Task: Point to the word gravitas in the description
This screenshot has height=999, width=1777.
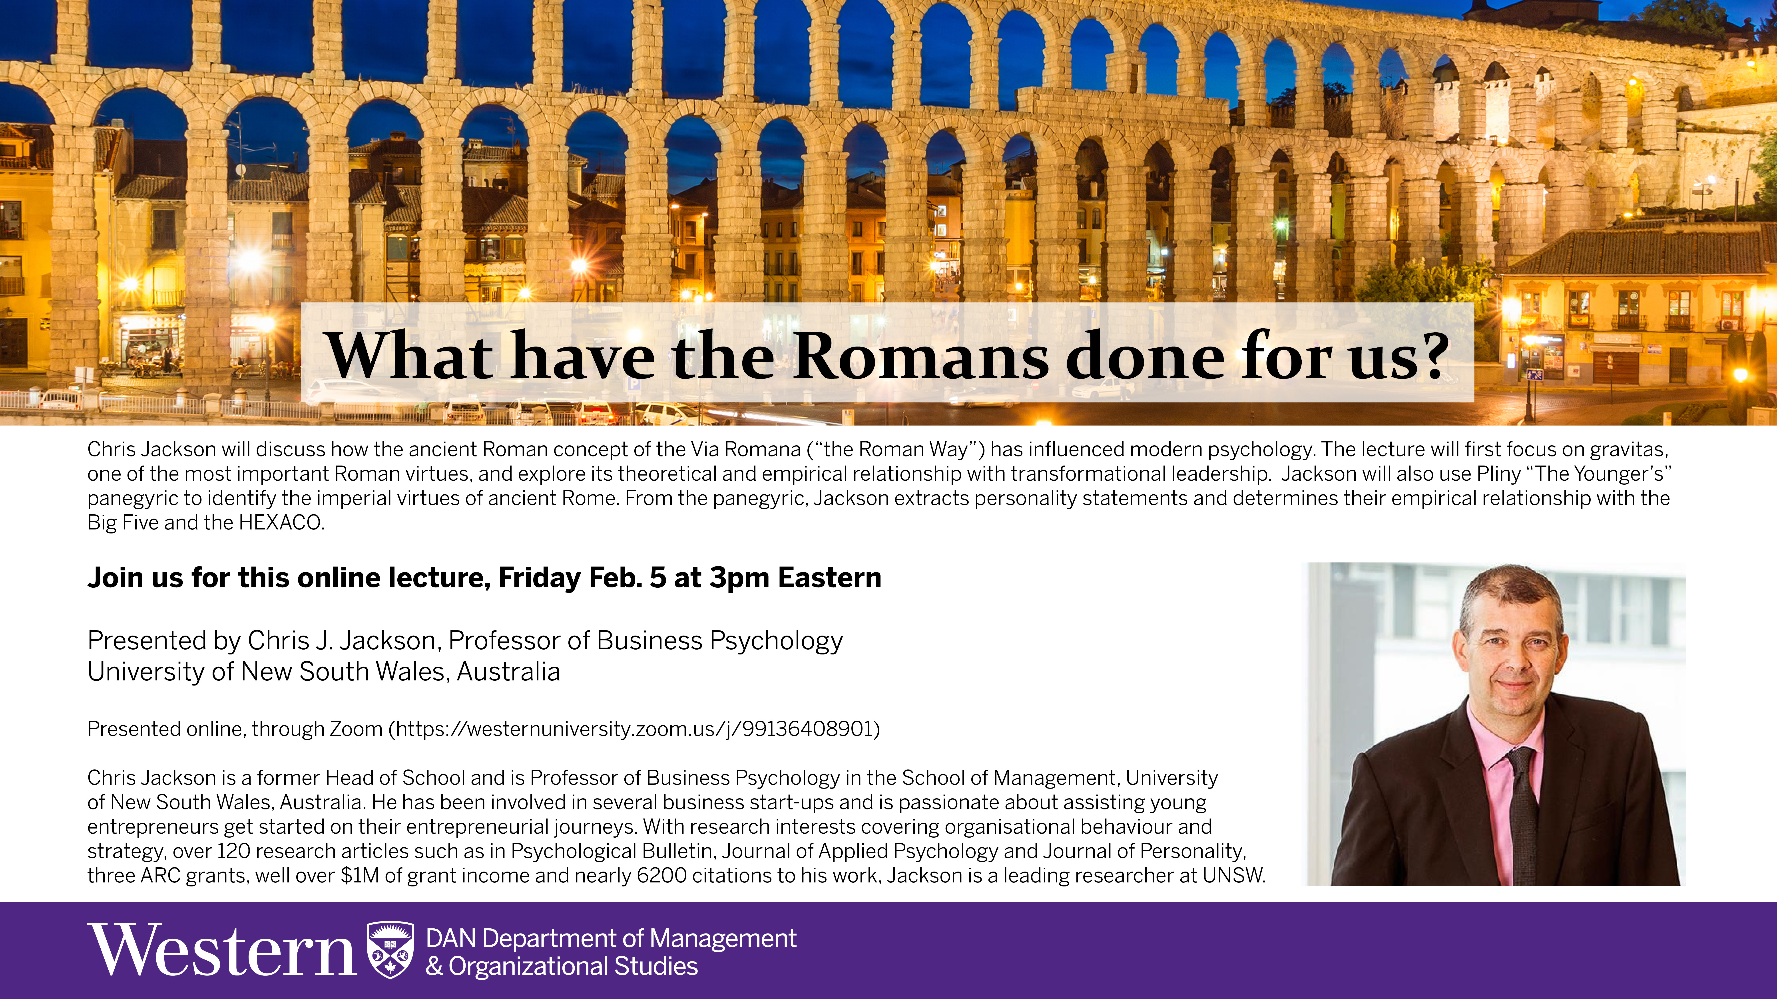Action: coord(1628,450)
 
